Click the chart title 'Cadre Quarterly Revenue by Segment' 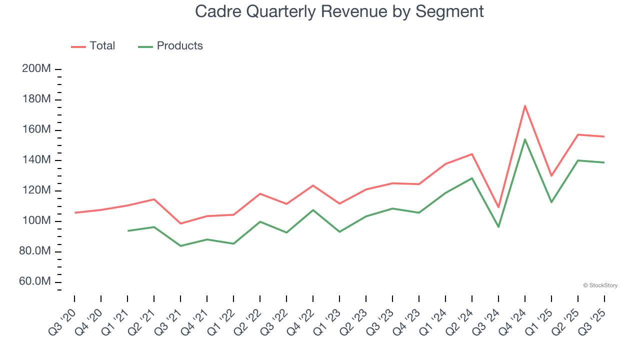pos(339,11)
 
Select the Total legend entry pos(93,46)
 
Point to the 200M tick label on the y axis pos(36,69)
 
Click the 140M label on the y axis pos(36,160)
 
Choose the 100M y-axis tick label pos(36,221)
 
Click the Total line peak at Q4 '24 pos(525,105)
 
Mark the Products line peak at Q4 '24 pos(525,139)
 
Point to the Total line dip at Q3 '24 pos(498,207)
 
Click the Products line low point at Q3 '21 pos(180,246)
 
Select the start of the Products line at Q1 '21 pos(128,230)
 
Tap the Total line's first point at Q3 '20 pos(75,212)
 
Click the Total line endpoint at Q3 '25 pos(604,136)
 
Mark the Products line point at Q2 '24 pos(472,178)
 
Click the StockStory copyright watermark pos(600,285)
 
